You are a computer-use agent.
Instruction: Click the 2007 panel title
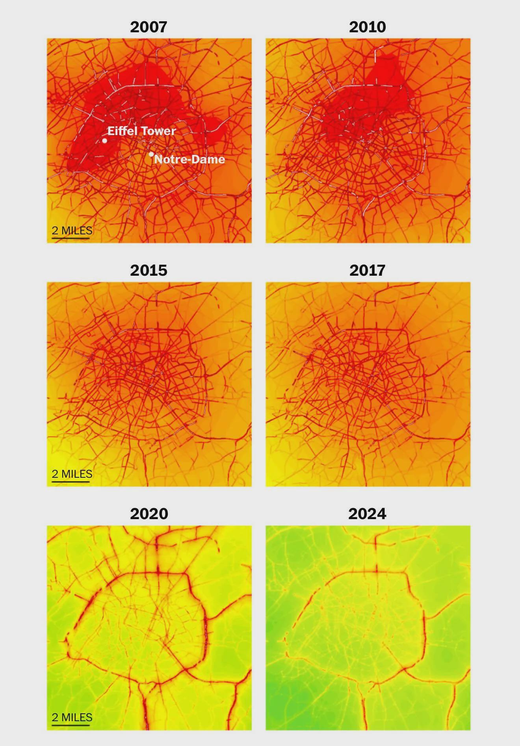[149, 27]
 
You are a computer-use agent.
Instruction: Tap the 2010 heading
[367, 27]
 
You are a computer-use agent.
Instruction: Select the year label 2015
[149, 270]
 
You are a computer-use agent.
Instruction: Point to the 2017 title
[367, 270]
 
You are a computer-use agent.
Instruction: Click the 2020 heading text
[149, 514]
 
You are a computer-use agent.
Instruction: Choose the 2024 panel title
[367, 514]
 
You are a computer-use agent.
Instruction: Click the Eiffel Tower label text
[141, 131]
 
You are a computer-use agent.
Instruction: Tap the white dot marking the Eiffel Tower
[105, 141]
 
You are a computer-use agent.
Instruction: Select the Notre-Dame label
[189, 159]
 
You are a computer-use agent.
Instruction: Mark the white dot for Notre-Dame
[151, 154]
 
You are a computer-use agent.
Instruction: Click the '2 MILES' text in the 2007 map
[72, 230]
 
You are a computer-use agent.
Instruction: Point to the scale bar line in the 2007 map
[71, 238]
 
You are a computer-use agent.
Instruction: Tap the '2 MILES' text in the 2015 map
[72, 474]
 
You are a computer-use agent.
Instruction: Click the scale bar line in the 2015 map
[71, 481]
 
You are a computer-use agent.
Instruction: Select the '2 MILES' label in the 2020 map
[72, 717]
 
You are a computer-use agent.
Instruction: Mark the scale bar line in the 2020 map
[71, 724]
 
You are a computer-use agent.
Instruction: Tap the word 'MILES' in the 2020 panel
[77, 717]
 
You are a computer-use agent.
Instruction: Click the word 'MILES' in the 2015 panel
[77, 474]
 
